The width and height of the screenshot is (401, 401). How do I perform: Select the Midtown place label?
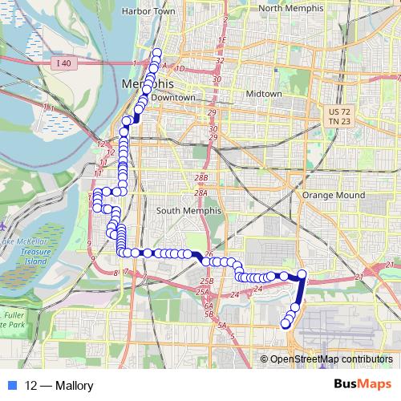[x=264, y=94]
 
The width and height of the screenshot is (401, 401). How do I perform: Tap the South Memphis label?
[x=183, y=211]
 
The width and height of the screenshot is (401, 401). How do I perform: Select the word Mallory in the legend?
[x=74, y=386]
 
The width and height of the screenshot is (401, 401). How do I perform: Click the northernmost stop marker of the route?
[x=157, y=53]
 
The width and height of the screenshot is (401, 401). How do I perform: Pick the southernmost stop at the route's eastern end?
[x=285, y=324]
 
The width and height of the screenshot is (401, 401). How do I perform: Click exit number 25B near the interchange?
[x=207, y=282]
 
